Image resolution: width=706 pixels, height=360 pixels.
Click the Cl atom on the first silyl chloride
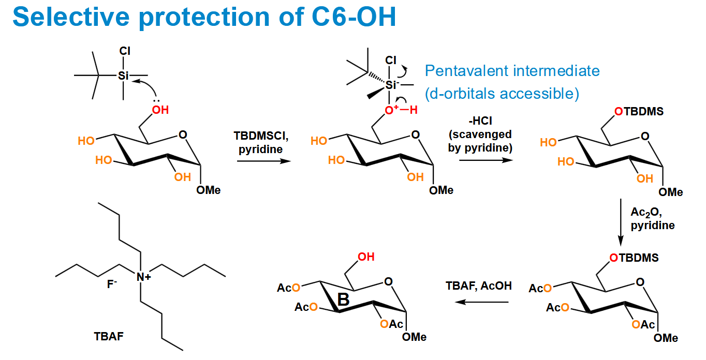pos(125,51)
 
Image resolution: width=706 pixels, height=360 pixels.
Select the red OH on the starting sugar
pos(160,110)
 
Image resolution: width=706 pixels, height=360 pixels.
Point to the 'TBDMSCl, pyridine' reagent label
pos(261,142)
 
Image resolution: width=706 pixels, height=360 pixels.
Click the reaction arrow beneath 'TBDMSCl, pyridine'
pos(264,161)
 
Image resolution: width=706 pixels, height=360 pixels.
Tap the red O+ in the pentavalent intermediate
pos(391,110)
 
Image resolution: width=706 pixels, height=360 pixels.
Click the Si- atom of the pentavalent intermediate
pos(392,85)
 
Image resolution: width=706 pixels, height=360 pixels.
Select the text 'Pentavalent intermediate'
pos(512,71)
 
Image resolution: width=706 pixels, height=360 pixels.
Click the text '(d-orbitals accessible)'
pos(502,94)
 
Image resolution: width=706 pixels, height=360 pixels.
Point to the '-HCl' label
pos(480,121)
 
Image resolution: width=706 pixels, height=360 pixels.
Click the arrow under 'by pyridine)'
pos(486,160)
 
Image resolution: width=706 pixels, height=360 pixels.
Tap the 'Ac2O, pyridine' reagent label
pos(652,219)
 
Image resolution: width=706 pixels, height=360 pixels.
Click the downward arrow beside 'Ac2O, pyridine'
pos(621,222)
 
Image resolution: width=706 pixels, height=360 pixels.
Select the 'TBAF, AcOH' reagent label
pos(478,286)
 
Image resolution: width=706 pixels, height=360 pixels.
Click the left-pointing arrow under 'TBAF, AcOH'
pos(481,302)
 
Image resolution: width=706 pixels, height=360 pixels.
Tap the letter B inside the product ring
pos(344,299)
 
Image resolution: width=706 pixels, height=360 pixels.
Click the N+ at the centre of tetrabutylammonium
pos(144,277)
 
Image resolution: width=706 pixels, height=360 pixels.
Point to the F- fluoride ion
pos(112,284)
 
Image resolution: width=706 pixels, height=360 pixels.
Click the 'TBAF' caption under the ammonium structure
pos(109,336)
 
